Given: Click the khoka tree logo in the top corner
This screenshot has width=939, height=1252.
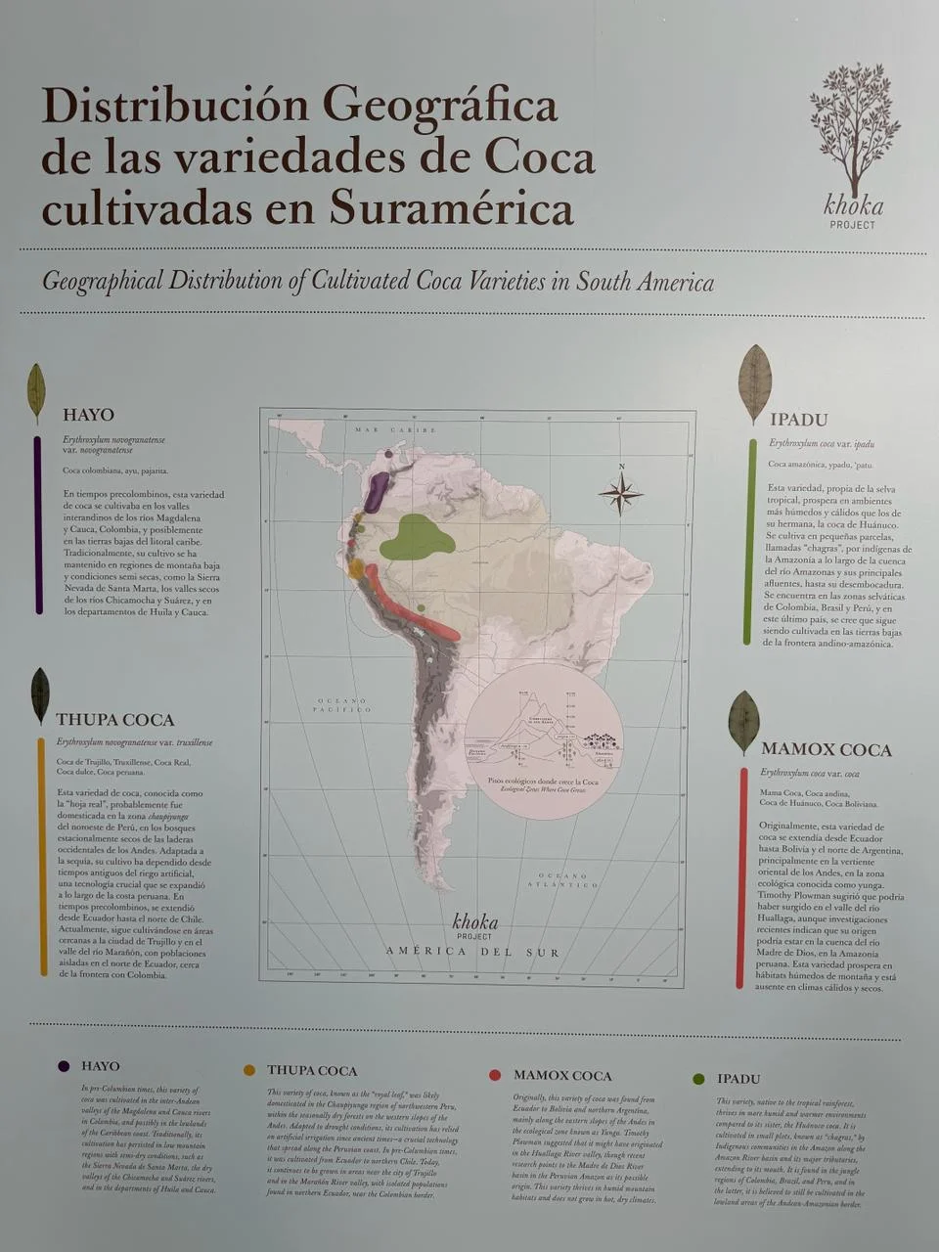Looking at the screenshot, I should click(x=854, y=132).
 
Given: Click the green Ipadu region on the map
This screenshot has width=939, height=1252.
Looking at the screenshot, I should click(x=416, y=537).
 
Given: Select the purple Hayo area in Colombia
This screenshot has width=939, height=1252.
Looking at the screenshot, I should click(x=377, y=493).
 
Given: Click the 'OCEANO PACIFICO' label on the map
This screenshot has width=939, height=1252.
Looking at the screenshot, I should click(x=340, y=706).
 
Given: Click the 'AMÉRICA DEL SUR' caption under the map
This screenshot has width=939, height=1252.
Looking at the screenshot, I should click(x=472, y=952).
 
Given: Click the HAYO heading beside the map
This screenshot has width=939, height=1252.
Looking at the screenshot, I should click(x=88, y=415).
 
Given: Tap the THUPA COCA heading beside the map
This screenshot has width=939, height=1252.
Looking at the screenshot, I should click(x=114, y=720).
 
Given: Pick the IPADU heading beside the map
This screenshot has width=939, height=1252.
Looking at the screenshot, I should click(x=798, y=420).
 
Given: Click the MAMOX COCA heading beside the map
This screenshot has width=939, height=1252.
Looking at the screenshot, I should click(x=826, y=750).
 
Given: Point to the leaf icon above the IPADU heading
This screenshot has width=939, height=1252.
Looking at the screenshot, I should click(x=754, y=382).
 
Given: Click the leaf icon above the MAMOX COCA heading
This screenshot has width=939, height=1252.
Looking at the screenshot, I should click(x=743, y=722).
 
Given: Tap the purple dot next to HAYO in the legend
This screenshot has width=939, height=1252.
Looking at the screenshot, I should click(x=64, y=1066).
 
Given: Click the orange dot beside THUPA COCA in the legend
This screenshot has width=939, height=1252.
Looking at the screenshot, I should click(x=249, y=1070).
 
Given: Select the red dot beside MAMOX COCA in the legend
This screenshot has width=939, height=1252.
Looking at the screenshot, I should click(x=495, y=1075).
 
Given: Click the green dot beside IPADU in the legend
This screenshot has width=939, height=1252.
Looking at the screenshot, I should click(x=698, y=1079).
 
